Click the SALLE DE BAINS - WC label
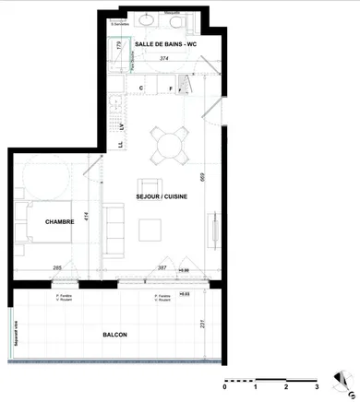165,44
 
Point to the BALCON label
114,335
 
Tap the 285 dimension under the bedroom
57,267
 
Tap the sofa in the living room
114,230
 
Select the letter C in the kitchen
141,88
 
